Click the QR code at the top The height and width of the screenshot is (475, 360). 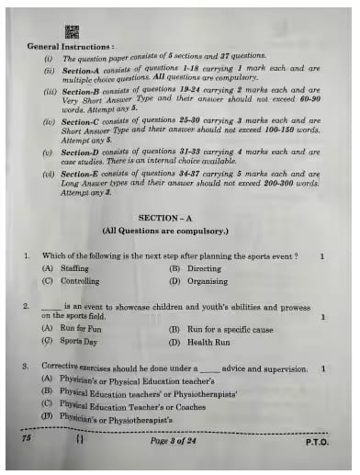72,32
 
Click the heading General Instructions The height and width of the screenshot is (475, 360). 71,45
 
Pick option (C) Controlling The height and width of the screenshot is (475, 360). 70,281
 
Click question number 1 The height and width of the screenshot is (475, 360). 27,256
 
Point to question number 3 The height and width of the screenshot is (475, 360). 27,368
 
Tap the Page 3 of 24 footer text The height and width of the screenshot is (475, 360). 178,441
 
